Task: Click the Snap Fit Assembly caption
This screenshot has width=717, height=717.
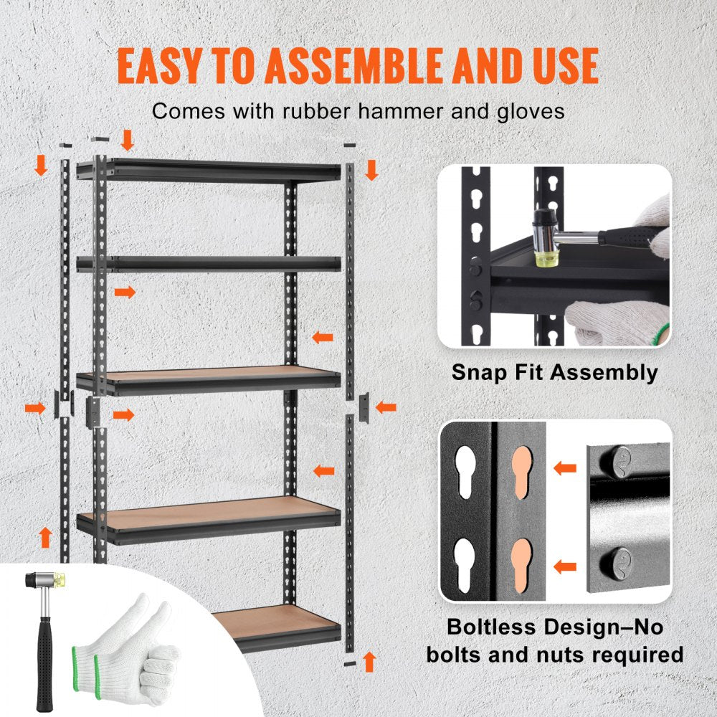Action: [x=554, y=372]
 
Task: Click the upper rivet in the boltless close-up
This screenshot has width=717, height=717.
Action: [x=621, y=460]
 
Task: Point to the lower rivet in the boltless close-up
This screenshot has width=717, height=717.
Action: [x=621, y=560]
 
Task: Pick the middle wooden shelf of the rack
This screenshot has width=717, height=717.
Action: [x=208, y=378]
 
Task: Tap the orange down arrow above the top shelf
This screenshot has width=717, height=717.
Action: [x=128, y=141]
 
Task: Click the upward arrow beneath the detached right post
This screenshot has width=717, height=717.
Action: [x=370, y=661]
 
